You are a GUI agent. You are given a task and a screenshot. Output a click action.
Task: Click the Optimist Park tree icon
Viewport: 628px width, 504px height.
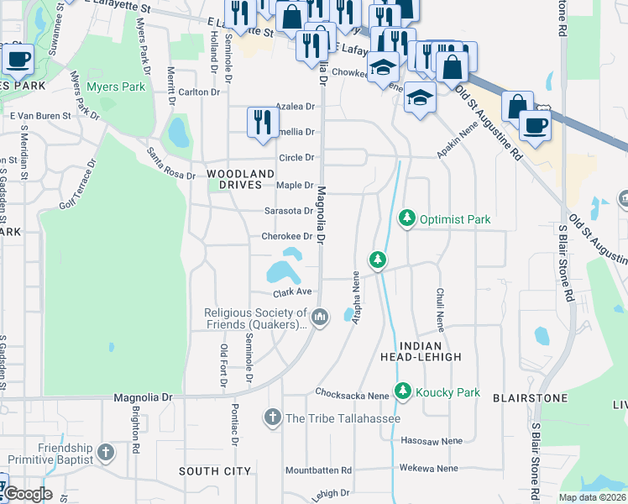click(407, 219)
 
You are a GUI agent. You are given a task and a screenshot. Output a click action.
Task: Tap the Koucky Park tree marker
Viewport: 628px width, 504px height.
click(404, 392)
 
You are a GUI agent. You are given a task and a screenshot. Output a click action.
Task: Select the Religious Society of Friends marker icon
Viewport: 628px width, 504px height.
click(319, 318)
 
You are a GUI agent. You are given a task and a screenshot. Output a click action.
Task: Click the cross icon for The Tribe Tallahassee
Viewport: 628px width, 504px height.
click(272, 417)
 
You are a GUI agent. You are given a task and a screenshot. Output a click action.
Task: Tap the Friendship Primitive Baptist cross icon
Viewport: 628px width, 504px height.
click(105, 454)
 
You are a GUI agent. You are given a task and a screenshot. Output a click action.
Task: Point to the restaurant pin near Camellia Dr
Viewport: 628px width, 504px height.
click(263, 121)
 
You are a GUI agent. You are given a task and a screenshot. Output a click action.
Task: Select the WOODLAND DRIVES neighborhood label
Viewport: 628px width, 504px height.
click(241, 179)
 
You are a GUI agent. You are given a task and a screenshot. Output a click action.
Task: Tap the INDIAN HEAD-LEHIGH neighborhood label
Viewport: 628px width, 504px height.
click(431, 351)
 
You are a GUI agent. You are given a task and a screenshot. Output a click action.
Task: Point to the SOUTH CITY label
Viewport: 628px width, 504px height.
click(215, 471)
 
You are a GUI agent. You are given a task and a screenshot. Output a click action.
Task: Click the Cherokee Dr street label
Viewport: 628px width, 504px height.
click(287, 237)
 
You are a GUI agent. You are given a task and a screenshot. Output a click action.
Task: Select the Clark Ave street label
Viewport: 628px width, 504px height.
click(292, 293)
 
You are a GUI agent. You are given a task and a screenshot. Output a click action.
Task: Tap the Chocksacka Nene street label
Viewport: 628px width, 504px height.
click(353, 393)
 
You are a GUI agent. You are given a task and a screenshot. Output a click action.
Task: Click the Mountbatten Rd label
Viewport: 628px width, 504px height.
click(318, 470)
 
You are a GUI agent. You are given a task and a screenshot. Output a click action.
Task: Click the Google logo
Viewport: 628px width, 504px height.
click(28, 494)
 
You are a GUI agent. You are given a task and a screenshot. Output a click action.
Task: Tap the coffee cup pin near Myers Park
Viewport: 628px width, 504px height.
click(18, 60)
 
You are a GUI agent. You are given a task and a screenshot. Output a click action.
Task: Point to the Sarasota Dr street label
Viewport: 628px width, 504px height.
click(288, 211)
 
